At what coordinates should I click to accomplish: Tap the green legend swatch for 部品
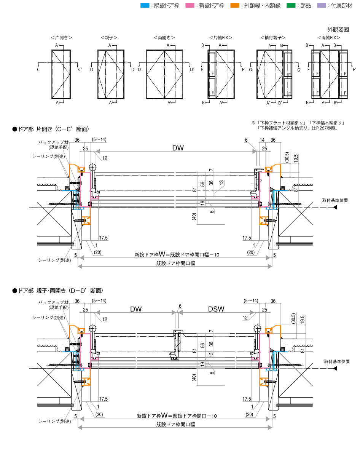click(291, 6)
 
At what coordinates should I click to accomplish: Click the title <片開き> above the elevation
click(61, 38)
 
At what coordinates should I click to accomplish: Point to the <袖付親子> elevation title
click(272, 38)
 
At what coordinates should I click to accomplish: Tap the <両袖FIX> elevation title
click(328, 38)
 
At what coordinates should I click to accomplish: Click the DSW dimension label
click(216, 310)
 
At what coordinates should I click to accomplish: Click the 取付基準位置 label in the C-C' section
click(335, 200)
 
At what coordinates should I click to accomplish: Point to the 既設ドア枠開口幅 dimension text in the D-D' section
click(176, 424)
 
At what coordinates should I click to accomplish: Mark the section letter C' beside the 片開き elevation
click(80, 70)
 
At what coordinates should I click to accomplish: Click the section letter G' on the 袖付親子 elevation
click(299, 70)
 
